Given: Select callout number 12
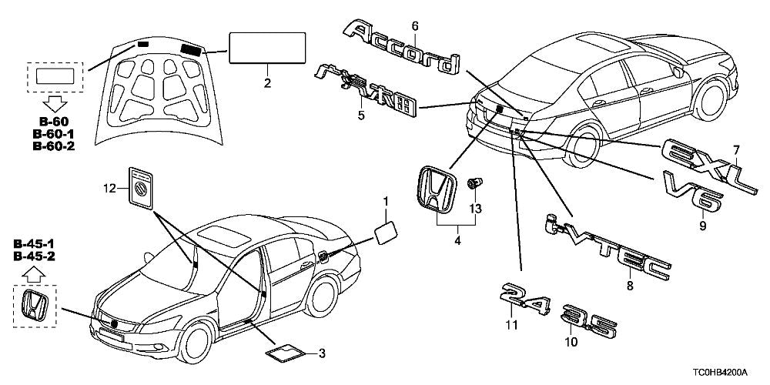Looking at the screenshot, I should pos(110,187).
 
